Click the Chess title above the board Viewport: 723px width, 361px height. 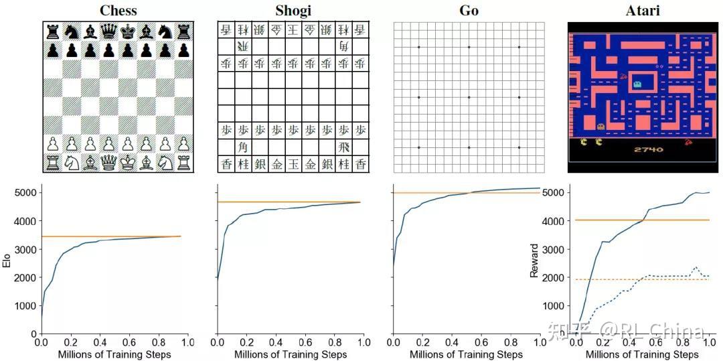click(118, 10)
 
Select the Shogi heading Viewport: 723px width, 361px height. click(293, 10)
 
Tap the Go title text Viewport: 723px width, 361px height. click(469, 10)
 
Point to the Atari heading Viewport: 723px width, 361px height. click(643, 10)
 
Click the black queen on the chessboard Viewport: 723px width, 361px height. click(108, 31)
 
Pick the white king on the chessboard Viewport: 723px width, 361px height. click(127, 163)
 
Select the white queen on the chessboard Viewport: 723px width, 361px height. click(108, 163)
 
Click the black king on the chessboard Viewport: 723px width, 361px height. click(127, 31)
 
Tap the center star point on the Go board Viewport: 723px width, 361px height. click(469, 97)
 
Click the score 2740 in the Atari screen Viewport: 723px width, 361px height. click(648, 149)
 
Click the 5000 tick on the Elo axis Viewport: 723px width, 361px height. click(24, 193)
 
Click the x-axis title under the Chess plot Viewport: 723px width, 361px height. click(114, 354)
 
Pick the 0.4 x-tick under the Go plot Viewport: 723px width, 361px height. click(452, 342)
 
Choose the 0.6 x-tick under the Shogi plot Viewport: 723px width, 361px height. click(305, 342)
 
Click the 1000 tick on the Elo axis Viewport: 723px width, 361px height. click(24, 305)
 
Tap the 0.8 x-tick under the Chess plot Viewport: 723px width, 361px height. click(159, 342)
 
